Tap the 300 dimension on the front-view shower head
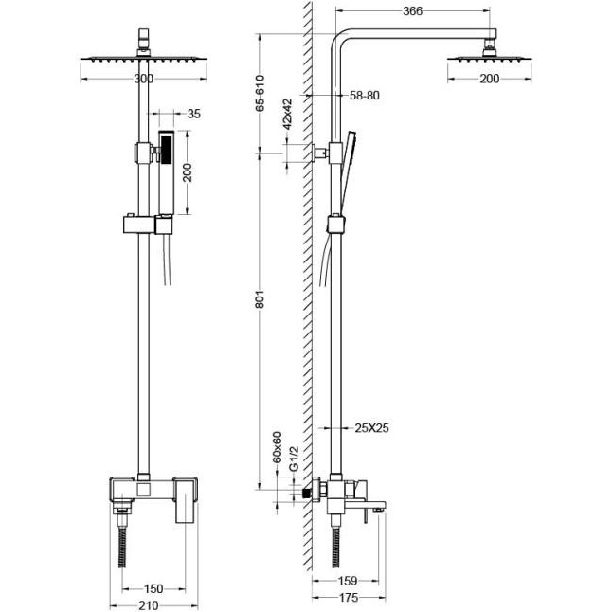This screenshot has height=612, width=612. tap(143, 78)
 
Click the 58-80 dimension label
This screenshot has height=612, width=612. tap(366, 97)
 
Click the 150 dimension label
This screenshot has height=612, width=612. tap(152, 588)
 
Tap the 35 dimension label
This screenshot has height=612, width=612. tap(194, 114)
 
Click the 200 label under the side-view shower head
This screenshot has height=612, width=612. tap(489, 79)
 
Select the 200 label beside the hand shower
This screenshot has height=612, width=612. tap(189, 171)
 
